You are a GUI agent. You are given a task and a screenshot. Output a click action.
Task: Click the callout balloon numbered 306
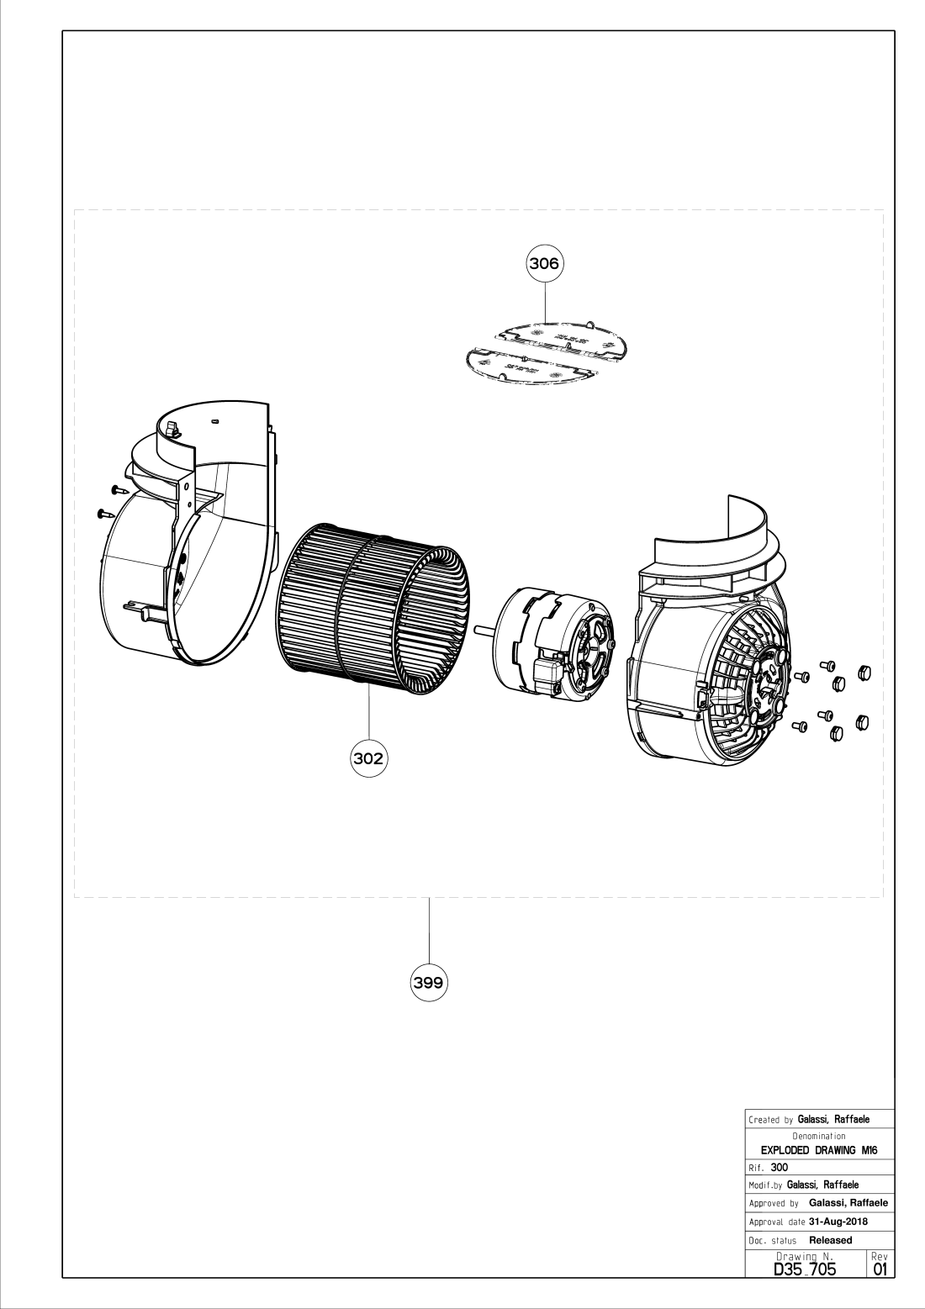tap(544, 263)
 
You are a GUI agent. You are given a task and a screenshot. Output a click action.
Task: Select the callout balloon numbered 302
tap(368, 757)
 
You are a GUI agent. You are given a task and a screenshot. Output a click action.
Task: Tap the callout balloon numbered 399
tap(429, 982)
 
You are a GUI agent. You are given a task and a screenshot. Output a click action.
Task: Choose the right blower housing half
tap(715, 639)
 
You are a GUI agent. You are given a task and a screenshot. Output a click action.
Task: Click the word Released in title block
tap(830, 1239)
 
